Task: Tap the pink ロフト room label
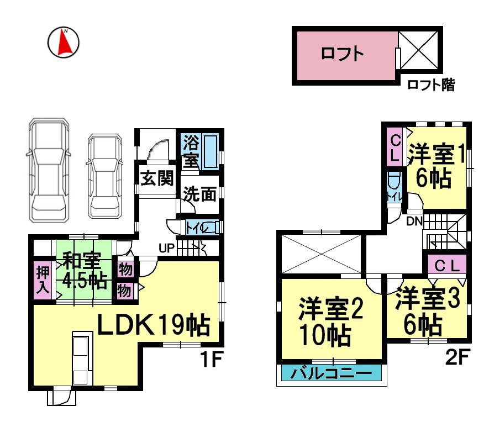click(342, 54)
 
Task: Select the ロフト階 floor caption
click(430, 85)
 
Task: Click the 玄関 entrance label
click(157, 178)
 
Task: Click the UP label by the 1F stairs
click(166, 248)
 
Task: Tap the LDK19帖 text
click(154, 325)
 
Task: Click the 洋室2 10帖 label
click(330, 320)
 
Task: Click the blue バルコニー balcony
click(330, 373)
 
